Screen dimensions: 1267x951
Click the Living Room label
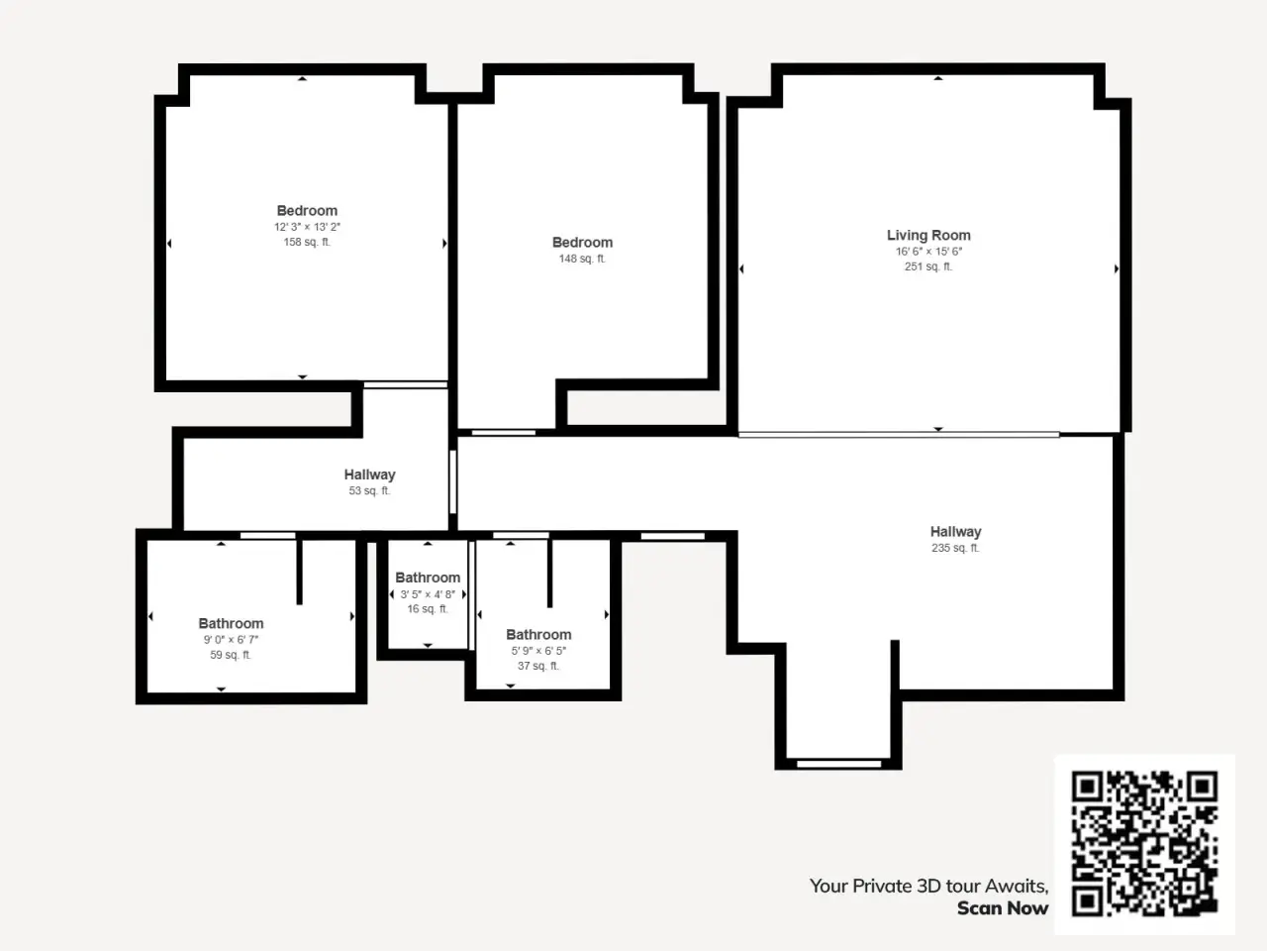tap(928, 236)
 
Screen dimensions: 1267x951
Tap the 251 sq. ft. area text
tap(928, 266)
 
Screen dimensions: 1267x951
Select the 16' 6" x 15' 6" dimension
tap(928, 252)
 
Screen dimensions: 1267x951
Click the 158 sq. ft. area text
tap(307, 242)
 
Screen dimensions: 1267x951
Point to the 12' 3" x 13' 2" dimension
tap(307, 227)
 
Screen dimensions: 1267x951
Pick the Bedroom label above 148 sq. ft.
tap(582, 243)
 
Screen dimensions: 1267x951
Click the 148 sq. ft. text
tap(582, 259)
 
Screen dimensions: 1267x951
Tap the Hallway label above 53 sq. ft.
tap(369, 475)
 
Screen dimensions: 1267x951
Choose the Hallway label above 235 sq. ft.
tap(955, 532)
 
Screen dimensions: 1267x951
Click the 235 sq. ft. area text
tap(955, 548)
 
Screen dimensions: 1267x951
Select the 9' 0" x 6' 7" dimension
tap(231, 640)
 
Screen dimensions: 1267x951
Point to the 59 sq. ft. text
tap(231, 655)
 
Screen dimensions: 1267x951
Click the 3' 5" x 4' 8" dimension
tap(428, 594)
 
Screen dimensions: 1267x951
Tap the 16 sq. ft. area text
tap(428, 609)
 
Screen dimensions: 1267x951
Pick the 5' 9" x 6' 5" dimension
tap(538, 651)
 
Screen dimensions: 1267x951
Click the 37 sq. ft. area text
tap(537, 666)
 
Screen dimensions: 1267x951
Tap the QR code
tap(1144, 843)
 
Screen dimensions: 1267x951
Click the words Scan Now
tap(1003, 908)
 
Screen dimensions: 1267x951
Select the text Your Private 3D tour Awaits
tap(928, 886)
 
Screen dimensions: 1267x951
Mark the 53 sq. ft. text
tap(369, 490)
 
